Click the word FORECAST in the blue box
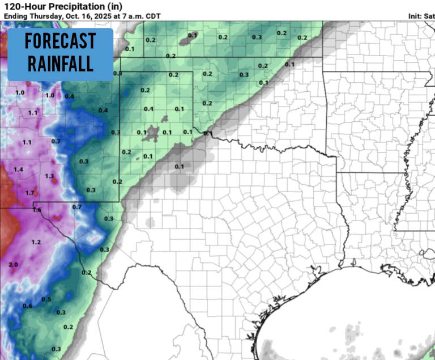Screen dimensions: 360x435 point(60,41)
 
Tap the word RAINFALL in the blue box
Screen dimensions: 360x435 point(60,62)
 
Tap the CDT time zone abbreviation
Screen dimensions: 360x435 point(153,16)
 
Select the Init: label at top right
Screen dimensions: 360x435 point(415,16)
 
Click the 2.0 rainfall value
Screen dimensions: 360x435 point(14,265)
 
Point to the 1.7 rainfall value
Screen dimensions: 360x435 point(30,193)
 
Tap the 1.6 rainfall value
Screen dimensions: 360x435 point(37,210)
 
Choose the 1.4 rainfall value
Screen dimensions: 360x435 point(18,170)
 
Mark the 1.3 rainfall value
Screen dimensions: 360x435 point(50,176)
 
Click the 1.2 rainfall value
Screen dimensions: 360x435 point(36,242)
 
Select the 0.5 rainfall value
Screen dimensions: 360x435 point(46,299)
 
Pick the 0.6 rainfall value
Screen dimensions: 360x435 point(27,306)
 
